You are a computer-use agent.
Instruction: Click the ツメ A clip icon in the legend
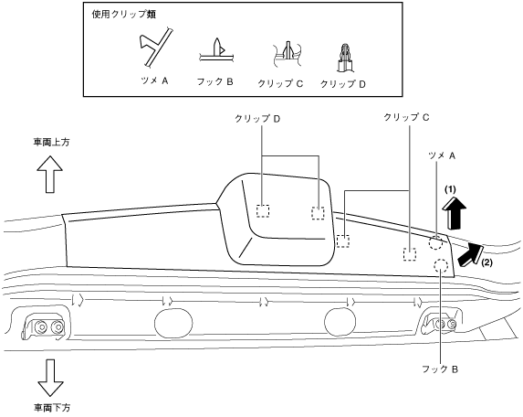click(x=156, y=48)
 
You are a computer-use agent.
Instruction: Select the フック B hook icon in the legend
click(x=217, y=51)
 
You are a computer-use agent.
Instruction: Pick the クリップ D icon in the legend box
click(x=344, y=58)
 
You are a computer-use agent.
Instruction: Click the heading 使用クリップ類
click(x=124, y=15)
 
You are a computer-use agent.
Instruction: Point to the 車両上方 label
click(x=51, y=143)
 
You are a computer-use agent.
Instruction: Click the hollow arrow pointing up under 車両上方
click(x=49, y=174)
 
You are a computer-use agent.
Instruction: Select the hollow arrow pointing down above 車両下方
click(x=50, y=378)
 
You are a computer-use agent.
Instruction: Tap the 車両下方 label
click(x=52, y=408)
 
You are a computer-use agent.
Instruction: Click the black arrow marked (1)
click(x=454, y=213)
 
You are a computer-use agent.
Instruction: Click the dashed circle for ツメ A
click(x=436, y=243)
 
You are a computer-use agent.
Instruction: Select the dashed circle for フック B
click(x=441, y=265)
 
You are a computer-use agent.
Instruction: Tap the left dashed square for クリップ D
click(x=263, y=211)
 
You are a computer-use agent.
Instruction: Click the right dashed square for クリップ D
click(x=318, y=213)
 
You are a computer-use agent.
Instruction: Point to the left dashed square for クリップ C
click(x=343, y=241)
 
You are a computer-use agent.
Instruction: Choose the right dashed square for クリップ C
click(x=410, y=254)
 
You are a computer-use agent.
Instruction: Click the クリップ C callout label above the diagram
click(x=406, y=117)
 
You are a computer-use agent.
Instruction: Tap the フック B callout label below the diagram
click(x=440, y=369)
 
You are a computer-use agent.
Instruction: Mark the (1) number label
click(x=450, y=189)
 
